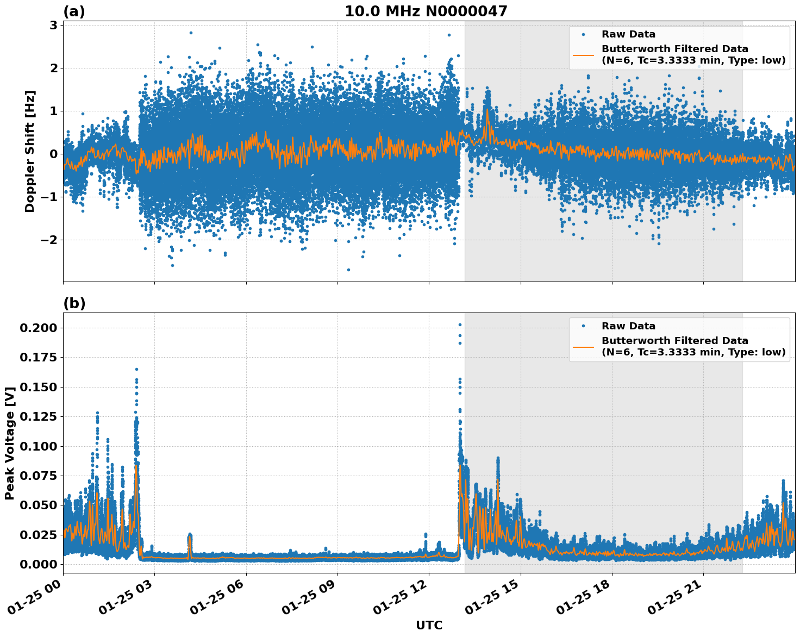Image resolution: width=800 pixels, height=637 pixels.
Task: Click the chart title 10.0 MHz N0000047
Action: pyautogui.click(x=426, y=11)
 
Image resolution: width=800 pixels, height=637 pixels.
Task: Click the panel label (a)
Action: pyautogui.click(x=74, y=11)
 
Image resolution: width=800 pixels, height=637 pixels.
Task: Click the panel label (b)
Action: pyautogui.click(x=74, y=303)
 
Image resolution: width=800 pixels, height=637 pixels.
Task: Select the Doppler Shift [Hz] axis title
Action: pyautogui.click(x=30, y=151)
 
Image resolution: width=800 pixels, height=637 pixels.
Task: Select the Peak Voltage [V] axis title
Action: pyautogui.click(x=9, y=443)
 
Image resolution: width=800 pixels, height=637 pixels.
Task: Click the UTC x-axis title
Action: pyautogui.click(x=429, y=625)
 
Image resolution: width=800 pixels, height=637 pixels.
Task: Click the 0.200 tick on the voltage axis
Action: pyautogui.click(x=38, y=328)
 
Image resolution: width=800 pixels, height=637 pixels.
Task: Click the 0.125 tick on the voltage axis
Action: pyautogui.click(x=38, y=417)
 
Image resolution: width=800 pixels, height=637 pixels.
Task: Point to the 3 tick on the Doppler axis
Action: pyautogui.click(x=53, y=25)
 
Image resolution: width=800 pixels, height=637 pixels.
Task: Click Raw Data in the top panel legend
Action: pyautogui.click(x=628, y=34)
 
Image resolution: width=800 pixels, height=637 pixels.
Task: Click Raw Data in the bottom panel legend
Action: pyautogui.click(x=628, y=326)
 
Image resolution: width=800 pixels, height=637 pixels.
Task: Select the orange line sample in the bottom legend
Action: pyautogui.click(x=583, y=346)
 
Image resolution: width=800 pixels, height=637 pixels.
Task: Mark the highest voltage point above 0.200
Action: pyautogui.click(x=460, y=325)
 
